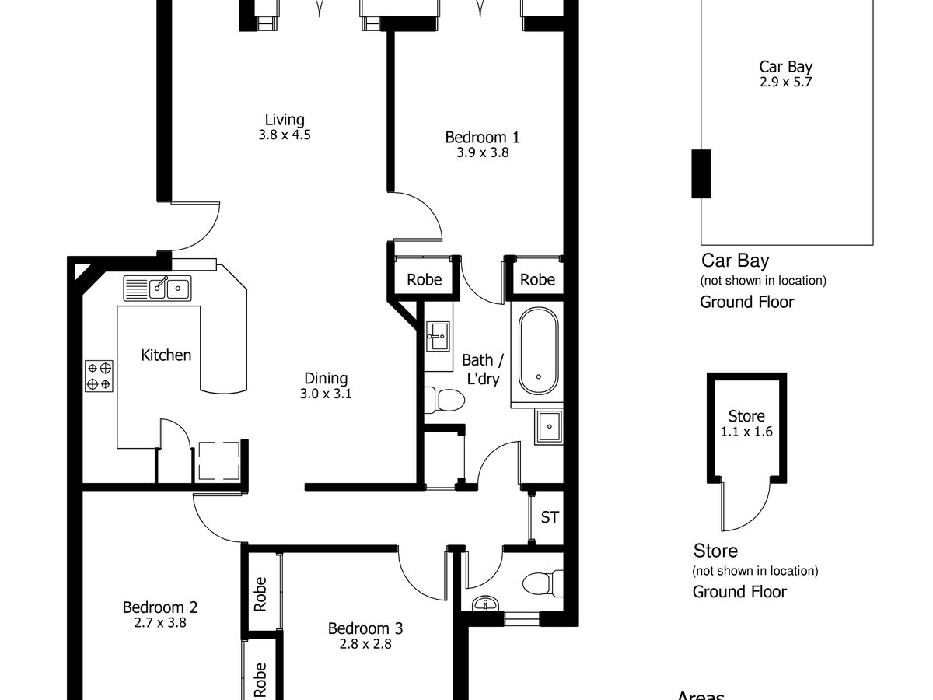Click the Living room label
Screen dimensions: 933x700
tap(285, 120)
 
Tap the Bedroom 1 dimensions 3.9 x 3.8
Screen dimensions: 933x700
tap(483, 152)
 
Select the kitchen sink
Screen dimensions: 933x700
tap(157, 288)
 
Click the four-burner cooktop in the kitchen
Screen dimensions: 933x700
tap(99, 376)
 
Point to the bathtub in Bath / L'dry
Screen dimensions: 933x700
tap(538, 351)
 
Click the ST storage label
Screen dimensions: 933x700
tap(550, 517)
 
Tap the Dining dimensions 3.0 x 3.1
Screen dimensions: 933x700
tap(326, 394)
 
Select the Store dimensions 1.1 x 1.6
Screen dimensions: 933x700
tap(746, 432)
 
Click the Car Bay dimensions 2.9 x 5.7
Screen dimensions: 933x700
tap(786, 82)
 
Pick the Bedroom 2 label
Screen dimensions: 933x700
tap(160, 607)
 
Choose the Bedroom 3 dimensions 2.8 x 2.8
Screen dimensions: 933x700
tap(365, 644)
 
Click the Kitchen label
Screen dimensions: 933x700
tap(166, 355)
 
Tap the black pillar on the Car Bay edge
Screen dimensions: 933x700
tap(701, 173)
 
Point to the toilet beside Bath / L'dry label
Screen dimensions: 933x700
tap(445, 400)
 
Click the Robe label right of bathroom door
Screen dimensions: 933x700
tap(537, 280)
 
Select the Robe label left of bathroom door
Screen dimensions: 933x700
tap(425, 280)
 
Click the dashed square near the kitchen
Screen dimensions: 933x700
tap(219, 460)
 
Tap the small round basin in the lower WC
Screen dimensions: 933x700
tap(485, 604)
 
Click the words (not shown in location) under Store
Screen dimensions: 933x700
tap(755, 570)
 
